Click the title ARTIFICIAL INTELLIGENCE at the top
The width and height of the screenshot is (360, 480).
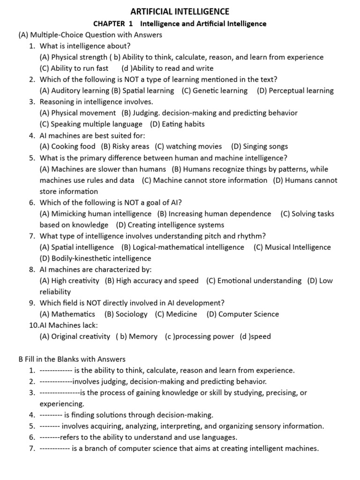tap(180, 11)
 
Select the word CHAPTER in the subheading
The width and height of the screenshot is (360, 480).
tap(109, 23)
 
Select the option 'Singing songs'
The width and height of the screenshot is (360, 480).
tap(265, 147)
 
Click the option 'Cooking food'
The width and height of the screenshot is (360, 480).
tap(73, 147)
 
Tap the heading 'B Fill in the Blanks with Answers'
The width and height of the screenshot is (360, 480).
tap(72, 359)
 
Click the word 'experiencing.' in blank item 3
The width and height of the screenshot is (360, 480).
tap(62, 404)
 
